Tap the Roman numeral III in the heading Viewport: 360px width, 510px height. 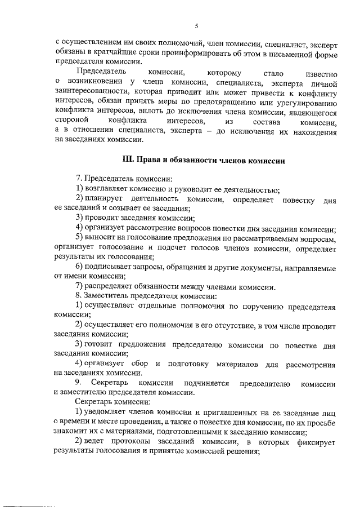tap(128, 161)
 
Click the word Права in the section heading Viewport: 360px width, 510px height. tap(149, 161)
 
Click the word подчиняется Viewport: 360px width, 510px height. tap(202, 383)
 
